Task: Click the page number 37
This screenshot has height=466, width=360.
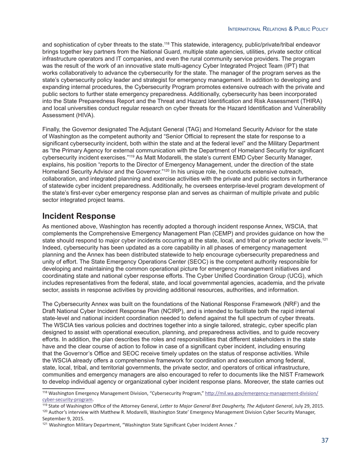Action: (325, 440)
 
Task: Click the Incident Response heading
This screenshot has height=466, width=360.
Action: (79, 216)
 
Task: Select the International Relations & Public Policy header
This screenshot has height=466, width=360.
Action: (278, 29)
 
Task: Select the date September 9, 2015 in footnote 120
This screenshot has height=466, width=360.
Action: (63, 419)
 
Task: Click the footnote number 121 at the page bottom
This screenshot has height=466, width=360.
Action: (45, 424)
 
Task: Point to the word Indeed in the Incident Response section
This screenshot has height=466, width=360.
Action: (52, 247)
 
